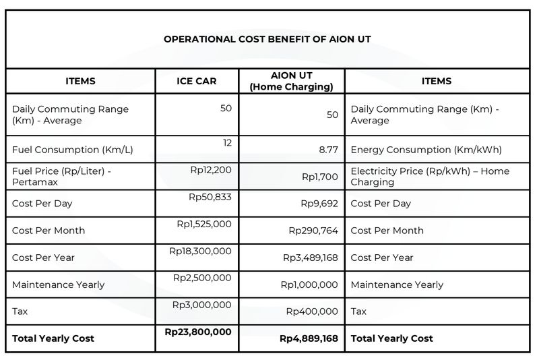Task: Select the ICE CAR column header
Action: [197, 81]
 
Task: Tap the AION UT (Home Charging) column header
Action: [291, 82]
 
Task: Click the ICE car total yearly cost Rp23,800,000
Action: [198, 332]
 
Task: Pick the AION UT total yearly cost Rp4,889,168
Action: [309, 338]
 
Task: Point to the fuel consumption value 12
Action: [226, 143]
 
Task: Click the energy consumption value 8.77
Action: [328, 150]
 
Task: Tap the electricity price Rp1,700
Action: [319, 177]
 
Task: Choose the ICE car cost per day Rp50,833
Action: [210, 197]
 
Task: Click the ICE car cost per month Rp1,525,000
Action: [203, 224]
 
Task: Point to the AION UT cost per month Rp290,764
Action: [313, 231]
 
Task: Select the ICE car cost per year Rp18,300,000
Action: [200, 251]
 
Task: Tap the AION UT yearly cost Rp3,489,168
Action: [310, 258]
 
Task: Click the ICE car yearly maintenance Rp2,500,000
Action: [202, 278]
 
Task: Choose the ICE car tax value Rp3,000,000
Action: [201, 305]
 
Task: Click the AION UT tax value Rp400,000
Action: [312, 311]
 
